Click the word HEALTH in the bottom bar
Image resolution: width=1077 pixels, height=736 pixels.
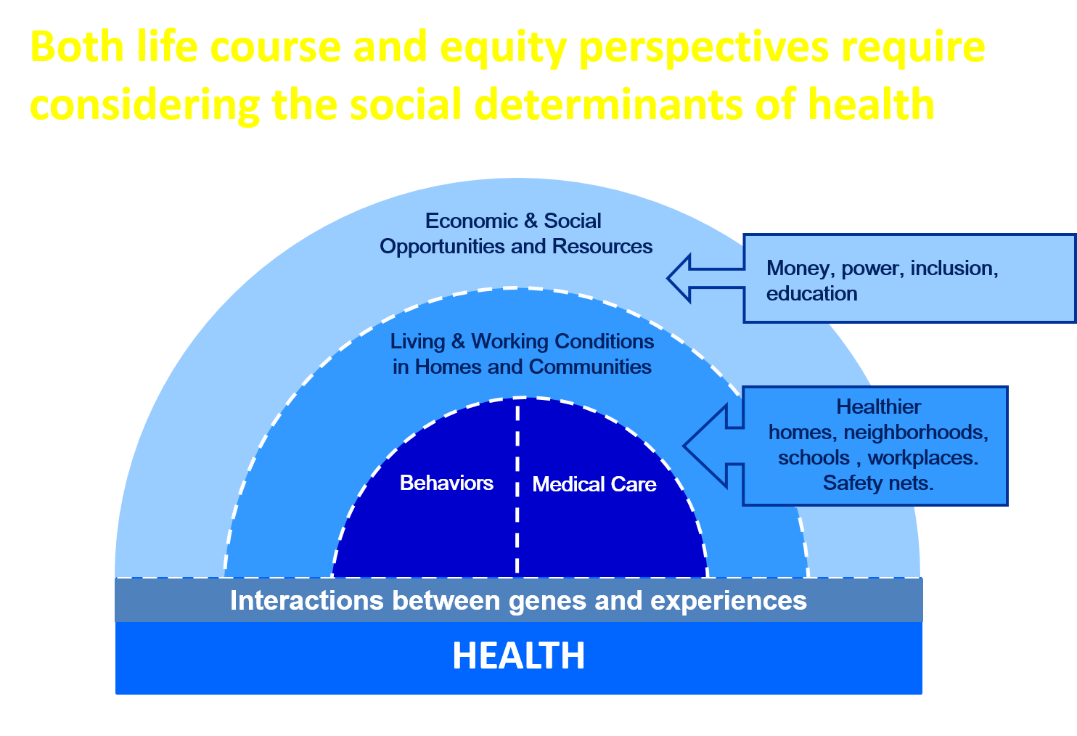(518, 655)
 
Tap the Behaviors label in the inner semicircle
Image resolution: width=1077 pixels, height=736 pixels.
(446, 483)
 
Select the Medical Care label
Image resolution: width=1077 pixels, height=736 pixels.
(594, 484)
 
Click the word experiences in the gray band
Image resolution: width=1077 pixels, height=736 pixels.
(729, 602)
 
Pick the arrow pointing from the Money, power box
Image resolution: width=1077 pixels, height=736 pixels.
(705, 278)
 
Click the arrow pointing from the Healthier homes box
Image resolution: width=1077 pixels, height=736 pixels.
(713, 446)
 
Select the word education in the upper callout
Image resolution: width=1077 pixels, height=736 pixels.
(811, 294)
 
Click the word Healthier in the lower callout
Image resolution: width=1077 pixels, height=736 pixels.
(878, 406)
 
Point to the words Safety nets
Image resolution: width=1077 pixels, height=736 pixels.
(878, 483)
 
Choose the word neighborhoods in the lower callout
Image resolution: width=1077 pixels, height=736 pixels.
(916, 432)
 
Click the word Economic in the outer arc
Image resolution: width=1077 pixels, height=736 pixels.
(472, 221)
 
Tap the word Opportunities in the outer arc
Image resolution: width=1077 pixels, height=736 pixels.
(442, 247)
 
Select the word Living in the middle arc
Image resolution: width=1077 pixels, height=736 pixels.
(417, 342)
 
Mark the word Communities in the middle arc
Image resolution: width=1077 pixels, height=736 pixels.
(590, 367)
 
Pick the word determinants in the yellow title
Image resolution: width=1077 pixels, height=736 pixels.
(608, 104)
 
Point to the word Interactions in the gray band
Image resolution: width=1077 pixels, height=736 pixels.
(307, 600)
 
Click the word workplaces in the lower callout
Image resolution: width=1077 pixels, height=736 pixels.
(922, 458)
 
